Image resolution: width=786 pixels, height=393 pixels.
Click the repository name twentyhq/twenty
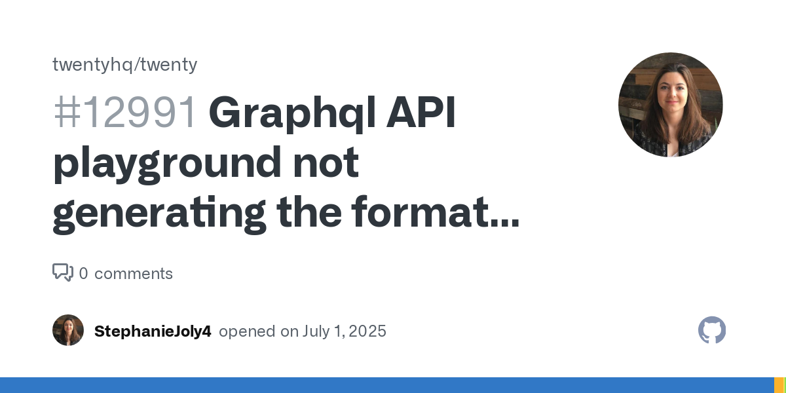[x=125, y=65]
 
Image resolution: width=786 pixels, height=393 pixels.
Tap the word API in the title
[x=421, y=112]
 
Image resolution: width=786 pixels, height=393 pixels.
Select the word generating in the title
[x=159, y=214]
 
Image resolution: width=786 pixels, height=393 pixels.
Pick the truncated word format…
[x=436, y=212]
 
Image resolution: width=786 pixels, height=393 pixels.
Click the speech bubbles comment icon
[x=63, y=272]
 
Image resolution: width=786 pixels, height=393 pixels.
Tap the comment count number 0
[x=84, y=274]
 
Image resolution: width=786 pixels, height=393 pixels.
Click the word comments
[x=134, y=274]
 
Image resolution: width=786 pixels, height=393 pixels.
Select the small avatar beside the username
[x=68, y=330]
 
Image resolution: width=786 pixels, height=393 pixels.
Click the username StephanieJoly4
[x=153, y=331]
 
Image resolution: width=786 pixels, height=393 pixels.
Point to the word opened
[x=247, y=331]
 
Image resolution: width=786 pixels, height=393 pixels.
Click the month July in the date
[x=316, y=331]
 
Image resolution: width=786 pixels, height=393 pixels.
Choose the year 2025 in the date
[x=367, y=331]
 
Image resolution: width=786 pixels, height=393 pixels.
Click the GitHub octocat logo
[x=712, y=330]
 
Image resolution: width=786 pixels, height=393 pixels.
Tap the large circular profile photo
[x=671, y=105]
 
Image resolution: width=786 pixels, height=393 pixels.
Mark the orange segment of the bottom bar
[x=779, y=385]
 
